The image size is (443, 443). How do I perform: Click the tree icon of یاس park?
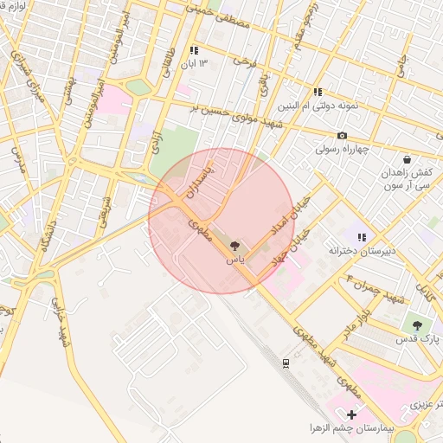pos(234,246)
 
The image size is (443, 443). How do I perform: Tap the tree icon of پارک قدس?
pos(418,325)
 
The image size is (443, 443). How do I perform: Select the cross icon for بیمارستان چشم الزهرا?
pos(351,416)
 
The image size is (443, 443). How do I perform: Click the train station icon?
pos(286,363)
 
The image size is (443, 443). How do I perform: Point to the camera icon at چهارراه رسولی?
pos(343,135)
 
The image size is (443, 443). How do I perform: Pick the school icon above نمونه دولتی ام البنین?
pos(318,91)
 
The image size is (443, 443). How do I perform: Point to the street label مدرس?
pos(18,159)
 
